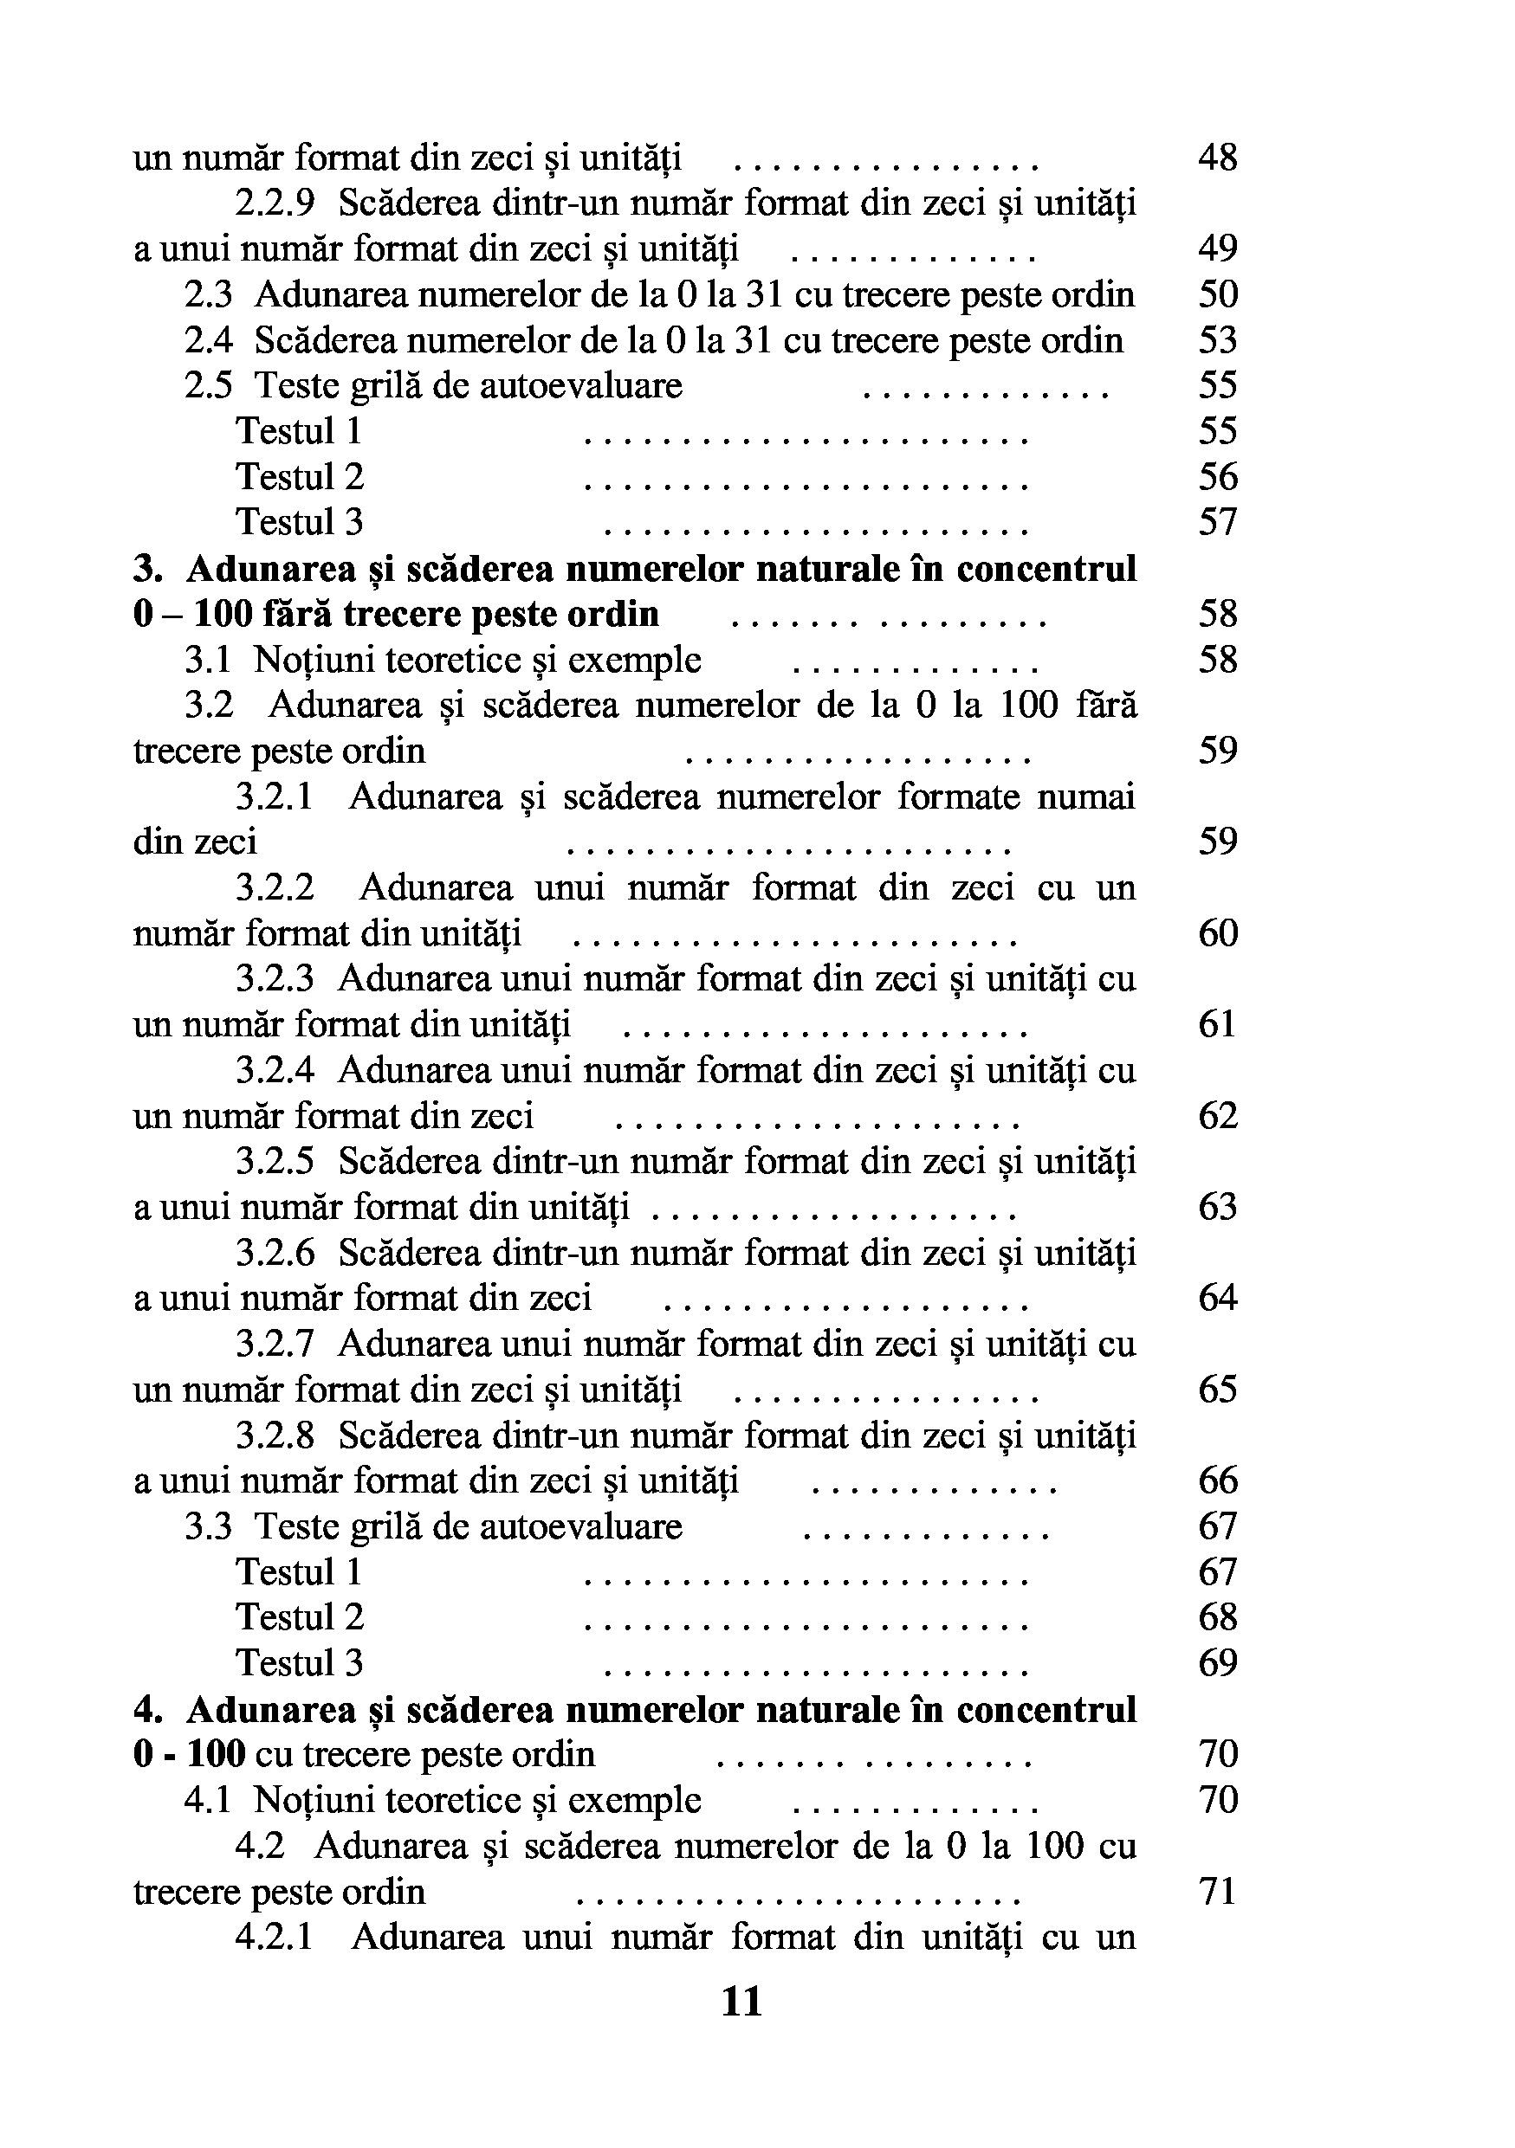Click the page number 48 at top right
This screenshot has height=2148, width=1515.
(x=1217, y=158)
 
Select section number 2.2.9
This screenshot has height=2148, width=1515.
(x=275, y=203)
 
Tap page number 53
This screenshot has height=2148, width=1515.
(x=1217, y=339)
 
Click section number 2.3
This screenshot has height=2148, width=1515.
(x=208, y=294)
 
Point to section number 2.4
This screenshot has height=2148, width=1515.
(x=208, y=340)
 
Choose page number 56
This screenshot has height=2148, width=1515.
(x=1217, y=477)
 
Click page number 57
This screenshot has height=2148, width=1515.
(x=1217, y=522)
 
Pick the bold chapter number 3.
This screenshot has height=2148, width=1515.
(x=148, y=569)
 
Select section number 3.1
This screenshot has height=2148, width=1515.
(x=207, y=660)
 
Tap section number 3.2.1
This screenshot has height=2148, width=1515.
(x=275, y=797)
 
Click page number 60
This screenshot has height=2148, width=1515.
(x=1217, y=932)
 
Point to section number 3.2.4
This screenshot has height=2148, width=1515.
(x=275, y=1070)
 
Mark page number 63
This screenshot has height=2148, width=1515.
(x=1217, y=1207)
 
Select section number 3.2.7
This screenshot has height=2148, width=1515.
(x=275, y=1345)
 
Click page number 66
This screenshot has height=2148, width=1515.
(x=1217, y=1481)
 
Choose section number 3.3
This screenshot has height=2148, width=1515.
(x=208, y=1526)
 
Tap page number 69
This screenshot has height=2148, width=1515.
(x=1217, y=1663)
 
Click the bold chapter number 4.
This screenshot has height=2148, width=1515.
(x=148, y=1709)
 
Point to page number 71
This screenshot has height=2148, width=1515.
(x=1217, y=1891)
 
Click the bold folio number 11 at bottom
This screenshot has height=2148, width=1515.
(x=742, y=2001)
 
